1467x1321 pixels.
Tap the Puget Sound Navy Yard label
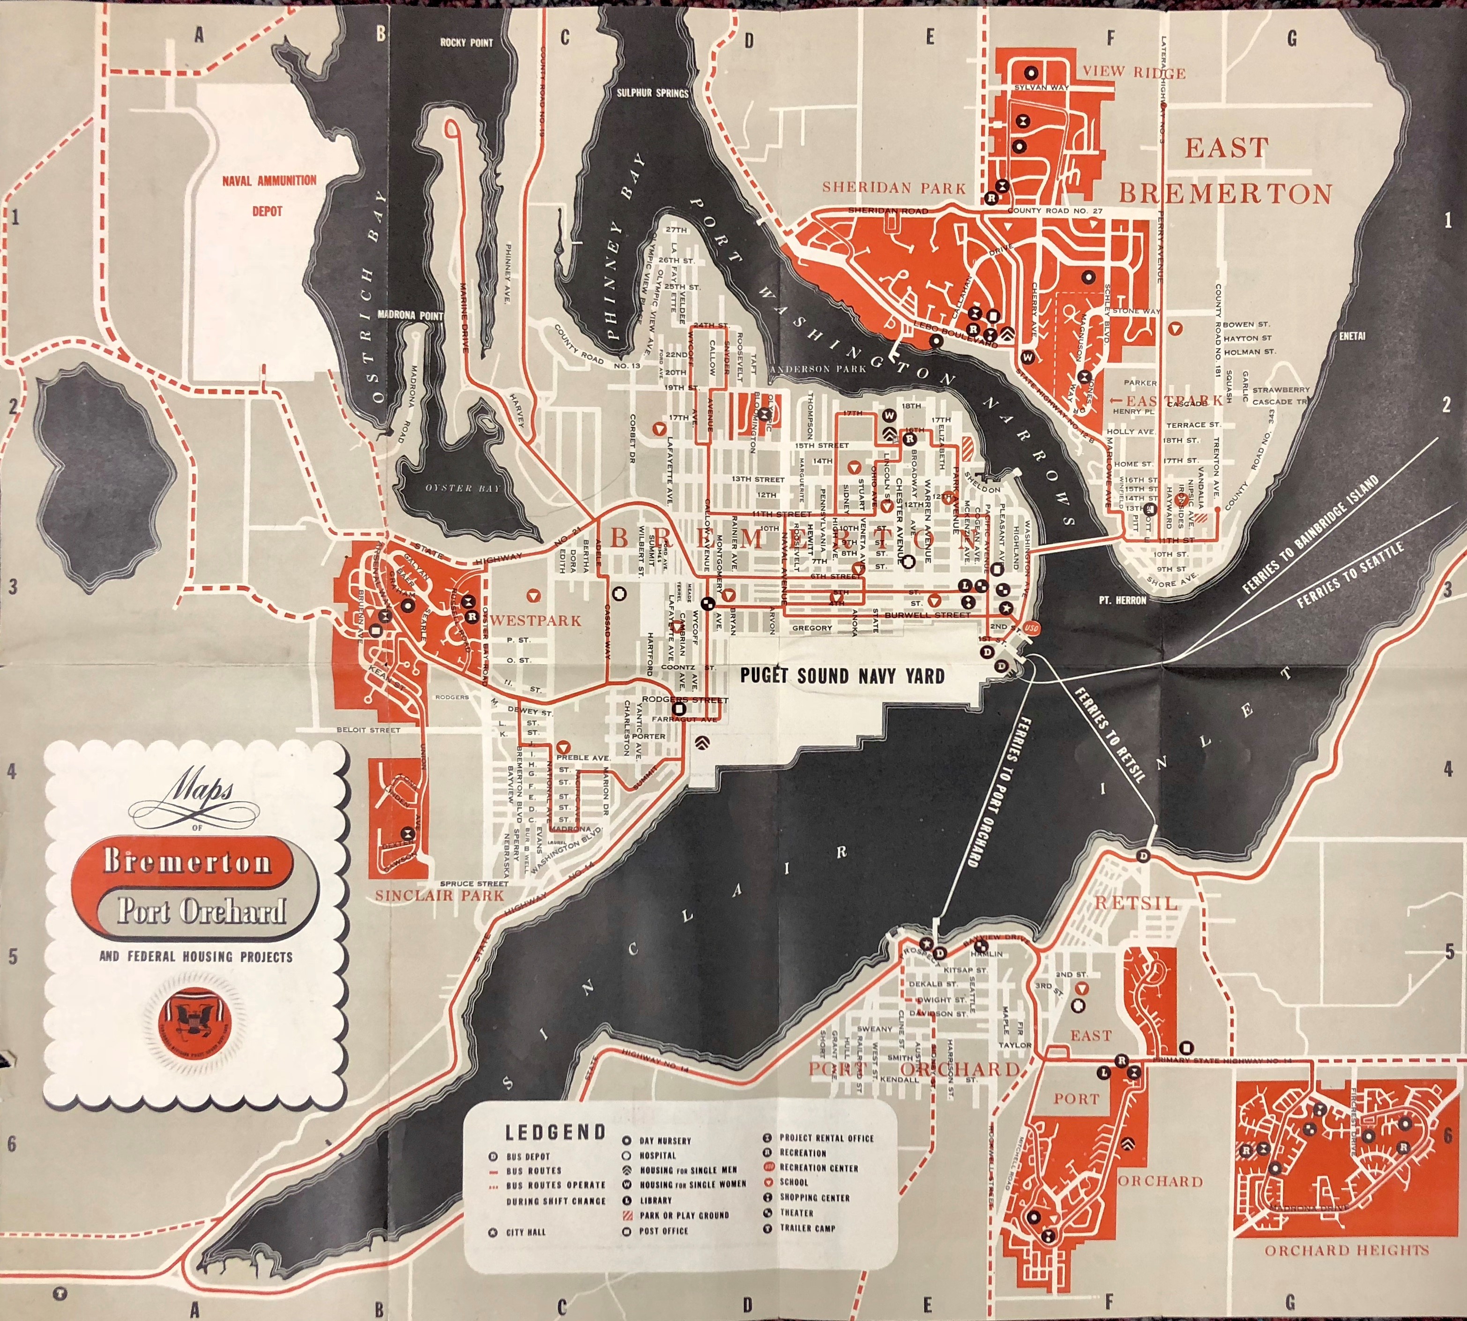[842, 677]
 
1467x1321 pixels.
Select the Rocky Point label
[466, 43]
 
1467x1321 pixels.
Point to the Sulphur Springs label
[653, 93]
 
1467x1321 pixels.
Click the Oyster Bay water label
[462, 488]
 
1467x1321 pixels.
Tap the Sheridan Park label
[894, 188]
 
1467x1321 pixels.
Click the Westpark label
[536, 620]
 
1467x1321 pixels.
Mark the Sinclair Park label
[439, 896]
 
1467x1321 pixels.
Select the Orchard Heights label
[1347, 1250]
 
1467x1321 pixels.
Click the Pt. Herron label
[1122, 600]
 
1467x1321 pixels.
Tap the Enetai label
[1352, 336]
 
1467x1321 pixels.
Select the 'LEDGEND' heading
[555, 1132]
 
